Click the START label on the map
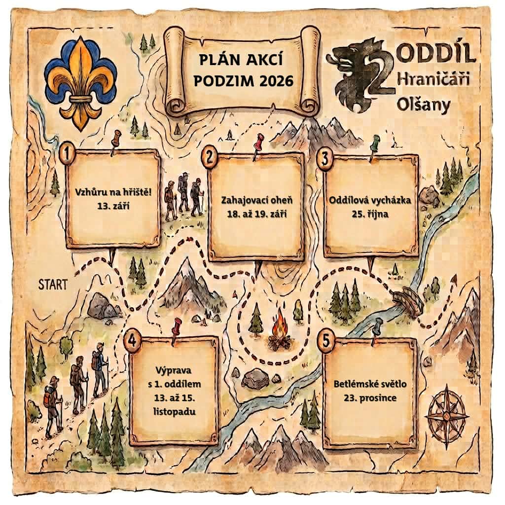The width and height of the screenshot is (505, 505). pos(53,284)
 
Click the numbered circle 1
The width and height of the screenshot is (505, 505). pos(67,154)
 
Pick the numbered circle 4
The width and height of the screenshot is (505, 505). pos(133,341)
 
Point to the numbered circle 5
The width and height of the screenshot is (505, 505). pos(326,341)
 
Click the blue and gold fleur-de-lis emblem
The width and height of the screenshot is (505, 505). pos(80,82)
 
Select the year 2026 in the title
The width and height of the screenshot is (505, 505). pos(276,81)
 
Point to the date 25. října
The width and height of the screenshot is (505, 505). pos(370,214)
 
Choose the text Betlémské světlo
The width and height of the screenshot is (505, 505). pos(370,384)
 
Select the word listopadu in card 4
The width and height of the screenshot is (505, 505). pos(175,412)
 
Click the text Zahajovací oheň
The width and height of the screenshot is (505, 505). pos(256,200)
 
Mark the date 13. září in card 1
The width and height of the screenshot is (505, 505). pos(113,206)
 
